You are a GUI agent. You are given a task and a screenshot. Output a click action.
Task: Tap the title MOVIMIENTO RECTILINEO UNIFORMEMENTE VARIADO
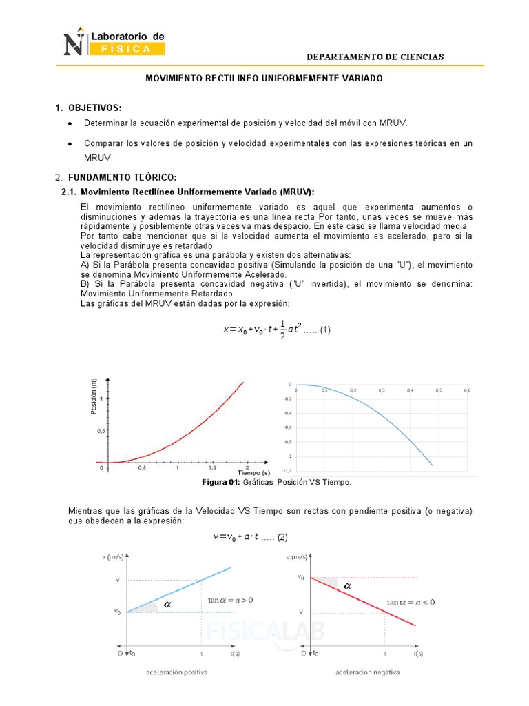[263, 79]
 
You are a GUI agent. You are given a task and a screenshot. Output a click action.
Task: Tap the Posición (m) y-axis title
[93, 396]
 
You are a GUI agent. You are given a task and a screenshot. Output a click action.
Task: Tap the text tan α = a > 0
[231, 601]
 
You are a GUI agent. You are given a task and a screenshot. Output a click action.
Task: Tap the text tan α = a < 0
[411, 602]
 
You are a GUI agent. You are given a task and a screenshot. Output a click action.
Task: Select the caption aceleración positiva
[178, 672]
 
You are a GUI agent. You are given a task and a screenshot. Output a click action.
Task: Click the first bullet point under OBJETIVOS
[71, 124]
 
